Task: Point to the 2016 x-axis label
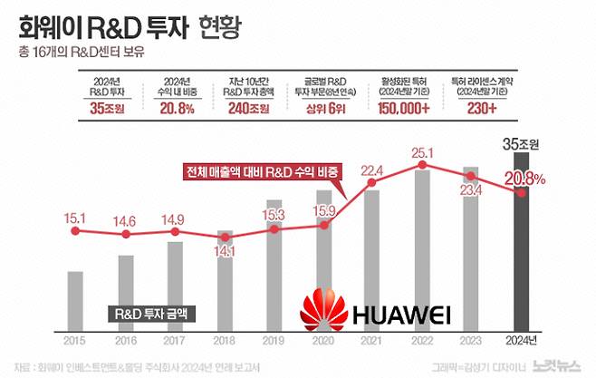pos(125,341)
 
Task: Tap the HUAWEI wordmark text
pos(399,315)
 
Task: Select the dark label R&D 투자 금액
pos(155,315)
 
